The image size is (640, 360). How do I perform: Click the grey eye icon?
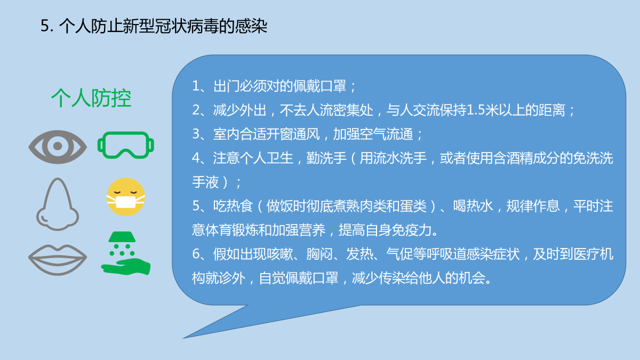pos(58,147)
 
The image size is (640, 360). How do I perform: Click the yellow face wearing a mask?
pos(126,197)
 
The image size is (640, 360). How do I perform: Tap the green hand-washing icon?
pos(126,253)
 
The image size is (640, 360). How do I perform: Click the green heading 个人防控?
pos(91,98)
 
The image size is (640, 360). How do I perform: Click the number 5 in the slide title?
pos(45,26)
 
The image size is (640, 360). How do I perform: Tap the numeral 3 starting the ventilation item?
pos(196,134)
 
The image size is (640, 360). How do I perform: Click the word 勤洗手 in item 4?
pos(326,158)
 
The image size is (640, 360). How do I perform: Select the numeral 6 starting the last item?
pos(196,254)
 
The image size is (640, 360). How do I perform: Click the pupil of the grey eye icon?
pos(58,146)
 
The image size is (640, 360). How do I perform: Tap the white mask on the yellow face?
pos(126,202)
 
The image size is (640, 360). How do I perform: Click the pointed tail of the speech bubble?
pos(183,338)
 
